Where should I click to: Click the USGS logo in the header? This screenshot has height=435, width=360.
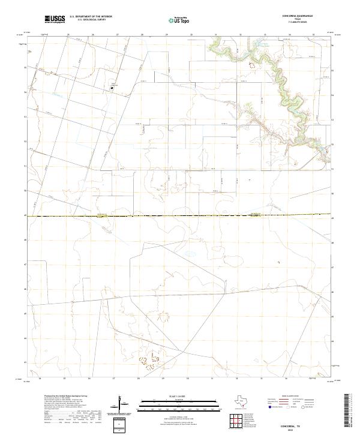[55, 20]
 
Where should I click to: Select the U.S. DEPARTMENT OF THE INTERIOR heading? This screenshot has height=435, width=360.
[91, 16]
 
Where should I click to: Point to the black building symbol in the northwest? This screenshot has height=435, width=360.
[112, 88]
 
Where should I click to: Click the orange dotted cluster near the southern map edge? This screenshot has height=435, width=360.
[146, 362]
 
